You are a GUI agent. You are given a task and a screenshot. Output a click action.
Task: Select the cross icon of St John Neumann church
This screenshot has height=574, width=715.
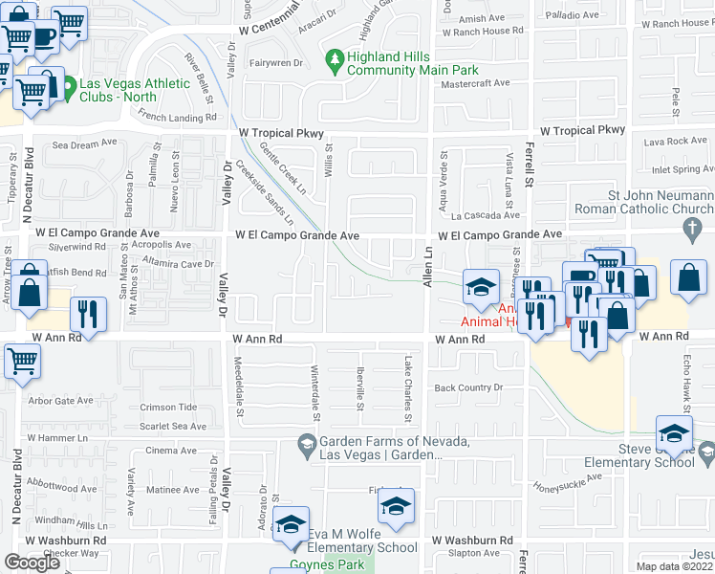coord(692,228)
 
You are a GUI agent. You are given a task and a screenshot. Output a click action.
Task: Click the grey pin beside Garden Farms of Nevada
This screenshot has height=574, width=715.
coord(306,442)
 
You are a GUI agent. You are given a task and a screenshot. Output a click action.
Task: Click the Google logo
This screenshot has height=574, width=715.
coord(32,563)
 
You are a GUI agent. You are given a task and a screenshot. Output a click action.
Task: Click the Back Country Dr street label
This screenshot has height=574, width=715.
coord(468,387)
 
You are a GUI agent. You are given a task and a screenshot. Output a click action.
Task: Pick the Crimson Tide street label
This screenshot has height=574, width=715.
coord(168,408)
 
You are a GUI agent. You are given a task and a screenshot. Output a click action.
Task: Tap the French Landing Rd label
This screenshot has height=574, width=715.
coord(179,118)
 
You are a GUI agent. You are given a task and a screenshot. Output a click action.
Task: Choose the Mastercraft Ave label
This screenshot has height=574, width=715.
coord(471,84)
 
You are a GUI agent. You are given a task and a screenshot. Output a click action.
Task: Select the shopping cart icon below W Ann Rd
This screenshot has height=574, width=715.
coord(23,363)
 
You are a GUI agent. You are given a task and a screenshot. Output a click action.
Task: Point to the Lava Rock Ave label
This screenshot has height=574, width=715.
coord(675,141)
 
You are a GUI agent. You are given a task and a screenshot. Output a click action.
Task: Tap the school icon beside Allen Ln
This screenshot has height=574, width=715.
coord(481,285)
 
